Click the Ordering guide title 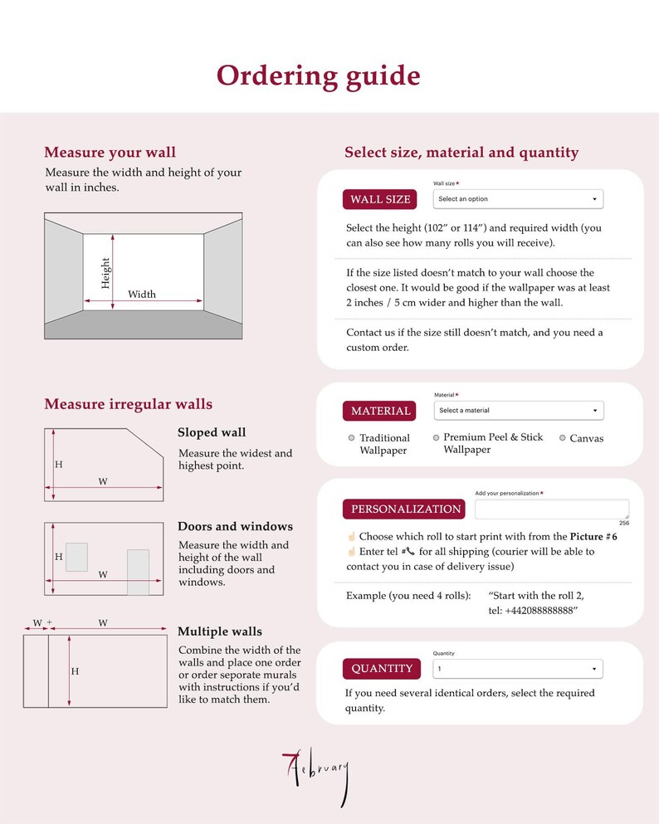coord(319,76)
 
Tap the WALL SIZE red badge coord(380,199)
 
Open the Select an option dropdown coord(518,199)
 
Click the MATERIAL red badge coord(379,411)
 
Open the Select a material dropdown coord(519,411)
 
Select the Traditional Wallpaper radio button coord(352,438)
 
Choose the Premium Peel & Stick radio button coord(436,437)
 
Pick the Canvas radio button coord(562,438)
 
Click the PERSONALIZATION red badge coord(404,509)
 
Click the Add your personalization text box coord(552,510)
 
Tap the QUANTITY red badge coord(382,669)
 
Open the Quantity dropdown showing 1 coord(518,669)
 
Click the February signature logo coord(316,776)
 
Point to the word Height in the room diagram coord(105,273)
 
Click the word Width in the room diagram coord(142,295)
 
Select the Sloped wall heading coord(212,432)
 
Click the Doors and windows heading coord(236,527)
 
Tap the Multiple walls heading coord(220,631)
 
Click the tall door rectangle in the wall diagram coord(139,573)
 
